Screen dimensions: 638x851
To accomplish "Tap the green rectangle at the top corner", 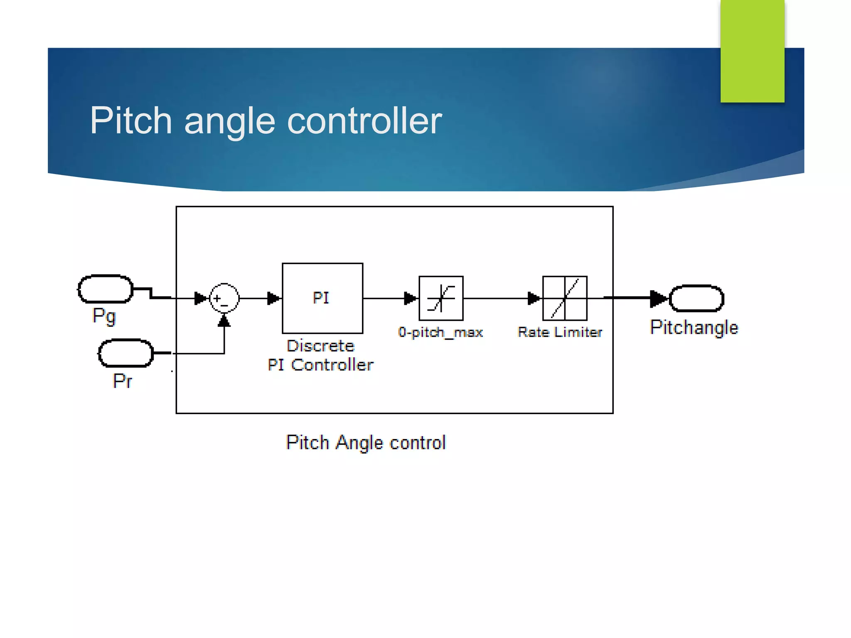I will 752,51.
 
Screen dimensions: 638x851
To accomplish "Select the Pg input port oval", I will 106,289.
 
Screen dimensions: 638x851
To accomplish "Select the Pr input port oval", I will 126,353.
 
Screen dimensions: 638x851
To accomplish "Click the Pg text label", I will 104,317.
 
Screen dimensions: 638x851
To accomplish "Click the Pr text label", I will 122,381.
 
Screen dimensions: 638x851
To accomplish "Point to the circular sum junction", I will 224,298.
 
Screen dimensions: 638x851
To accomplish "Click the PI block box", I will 322,298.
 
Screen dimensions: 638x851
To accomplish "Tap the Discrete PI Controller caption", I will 320,356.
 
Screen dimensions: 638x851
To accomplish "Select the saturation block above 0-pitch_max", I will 441,298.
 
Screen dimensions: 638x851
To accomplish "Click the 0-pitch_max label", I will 440,332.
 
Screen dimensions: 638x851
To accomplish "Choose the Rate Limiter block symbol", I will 565,298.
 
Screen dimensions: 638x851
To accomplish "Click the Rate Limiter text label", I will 560,332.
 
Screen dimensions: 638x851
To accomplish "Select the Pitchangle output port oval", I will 697,298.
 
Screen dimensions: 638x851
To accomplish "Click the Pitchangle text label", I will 694,327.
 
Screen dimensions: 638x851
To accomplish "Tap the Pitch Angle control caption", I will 366,442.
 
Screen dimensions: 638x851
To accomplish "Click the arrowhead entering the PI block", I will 274,298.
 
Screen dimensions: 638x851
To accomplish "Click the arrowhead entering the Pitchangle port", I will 658,298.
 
